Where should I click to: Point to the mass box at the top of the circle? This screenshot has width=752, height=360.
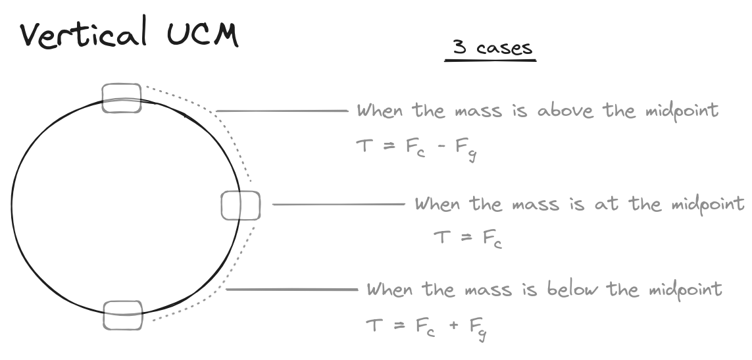[122, 98]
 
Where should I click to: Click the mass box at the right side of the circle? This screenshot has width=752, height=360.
[241, 205]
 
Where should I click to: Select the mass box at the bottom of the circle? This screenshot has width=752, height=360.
[123, 315]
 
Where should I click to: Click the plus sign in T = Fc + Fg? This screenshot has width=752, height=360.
[453, 326]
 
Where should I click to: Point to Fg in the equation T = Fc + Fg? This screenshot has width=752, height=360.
[480, 328]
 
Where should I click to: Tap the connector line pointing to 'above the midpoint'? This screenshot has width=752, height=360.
[282, 111]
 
